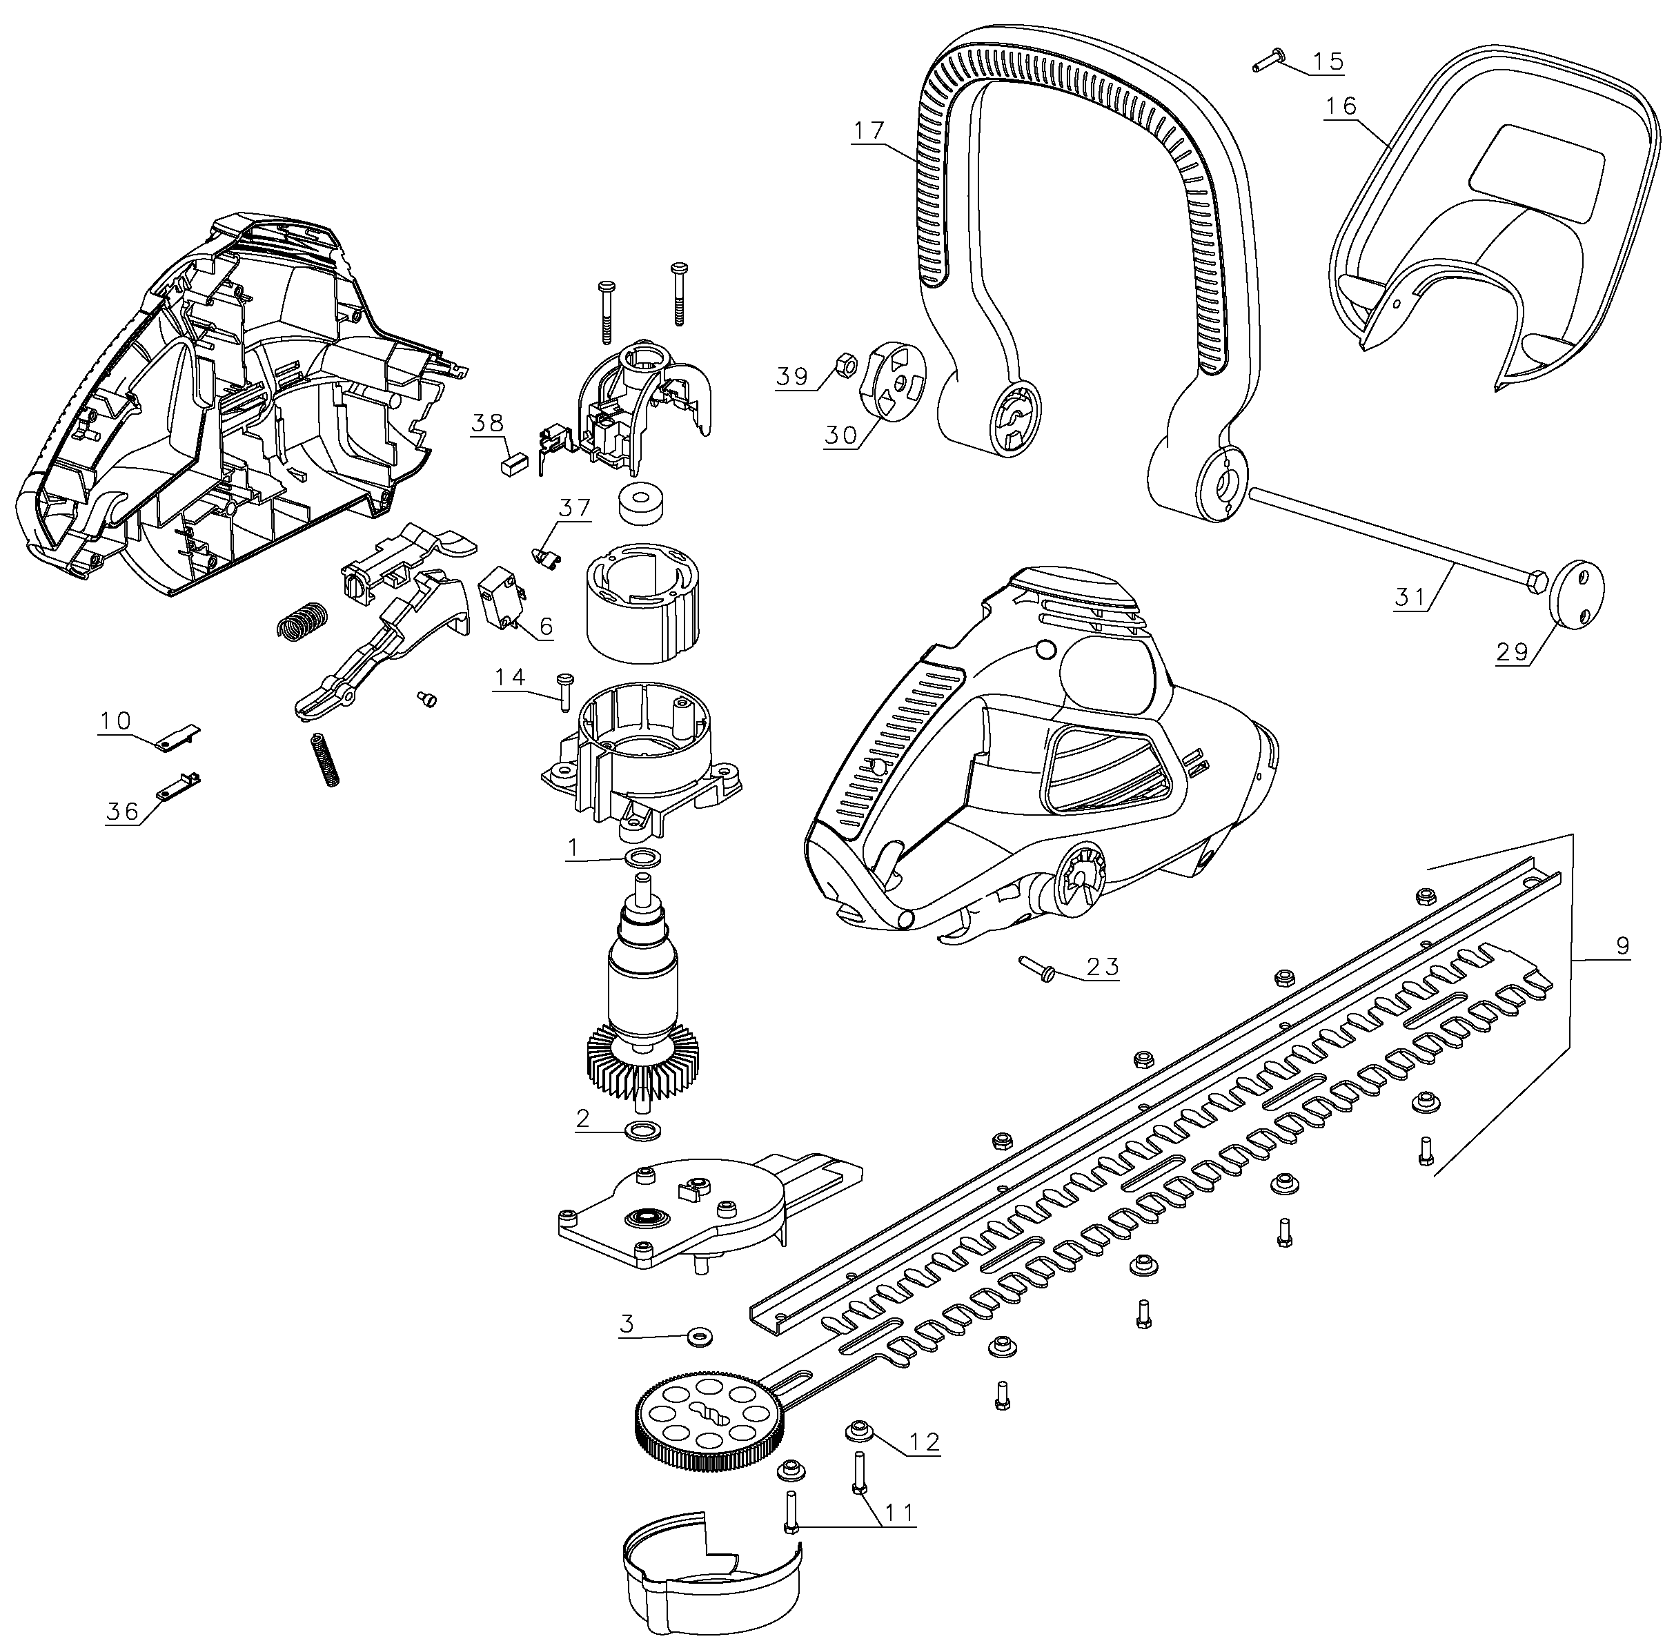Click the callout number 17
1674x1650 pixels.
click(868, 131)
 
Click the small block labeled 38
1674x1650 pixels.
click(515, 461)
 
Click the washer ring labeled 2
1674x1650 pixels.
click(642, 1130)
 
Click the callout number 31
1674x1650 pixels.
click(1410, 596)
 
